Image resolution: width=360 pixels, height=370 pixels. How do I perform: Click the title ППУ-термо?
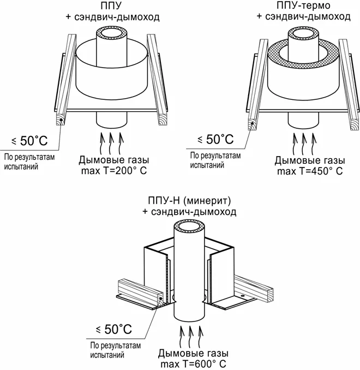tap(303, 5)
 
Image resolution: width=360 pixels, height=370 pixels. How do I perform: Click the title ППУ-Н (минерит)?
tap(189, 201)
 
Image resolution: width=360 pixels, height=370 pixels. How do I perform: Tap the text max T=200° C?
tap(114, 171)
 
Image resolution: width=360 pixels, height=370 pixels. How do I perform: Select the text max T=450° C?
tap(310, 171)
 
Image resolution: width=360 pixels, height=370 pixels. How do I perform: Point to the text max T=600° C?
tap(193, 363)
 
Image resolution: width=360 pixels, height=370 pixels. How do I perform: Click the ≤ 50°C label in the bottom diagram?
tap(114, 329)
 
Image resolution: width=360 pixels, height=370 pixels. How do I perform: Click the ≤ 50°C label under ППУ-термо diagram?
tap(215, 139)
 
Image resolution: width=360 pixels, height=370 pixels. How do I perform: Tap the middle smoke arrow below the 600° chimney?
tap(190, 336)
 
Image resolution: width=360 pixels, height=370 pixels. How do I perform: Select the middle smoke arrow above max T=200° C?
tap(110, 143)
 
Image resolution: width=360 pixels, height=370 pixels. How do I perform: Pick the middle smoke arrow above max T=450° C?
tap(304, 143)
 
